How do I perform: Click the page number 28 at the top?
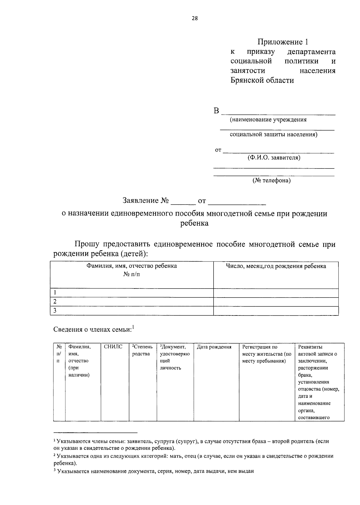click(x=194, y=19)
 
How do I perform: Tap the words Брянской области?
click(x=262, y=80)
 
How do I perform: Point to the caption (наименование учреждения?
click(x=268, y=120)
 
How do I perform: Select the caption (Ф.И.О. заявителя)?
click(x=274, y=158)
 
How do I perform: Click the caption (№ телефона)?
click(x=271, y=181)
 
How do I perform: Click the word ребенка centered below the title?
click(x=194, y=223)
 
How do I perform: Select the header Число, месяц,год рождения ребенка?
click(x=276, y=266)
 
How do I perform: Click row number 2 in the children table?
click(x=55, y=301)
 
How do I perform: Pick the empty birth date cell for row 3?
click(x=276, y=311)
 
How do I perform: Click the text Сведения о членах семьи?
click(x=93, y=330)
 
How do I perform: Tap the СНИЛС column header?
click(x=113, y=347)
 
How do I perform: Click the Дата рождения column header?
click(x=214, y=347)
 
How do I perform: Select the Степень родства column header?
click(x=142, y=350)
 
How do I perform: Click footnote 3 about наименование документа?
click(x=154, y=471)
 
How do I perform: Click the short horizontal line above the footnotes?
click(x=95, y=433)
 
